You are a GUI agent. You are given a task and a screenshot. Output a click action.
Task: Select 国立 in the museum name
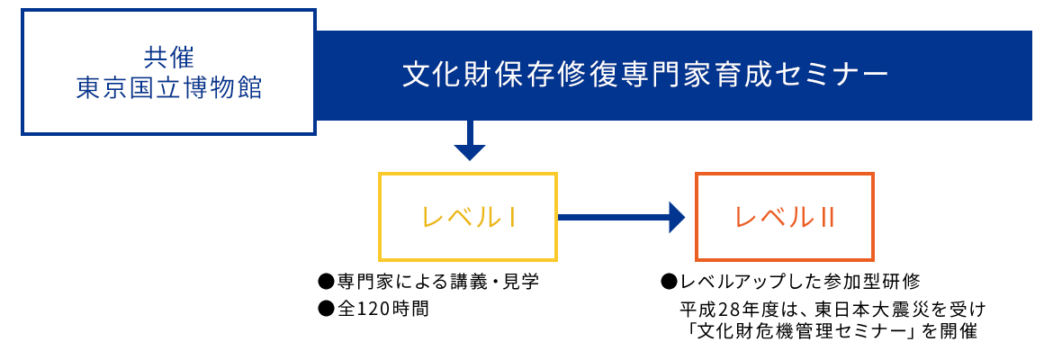[145, 88]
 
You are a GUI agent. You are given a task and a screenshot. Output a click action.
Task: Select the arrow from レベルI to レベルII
[621, 217]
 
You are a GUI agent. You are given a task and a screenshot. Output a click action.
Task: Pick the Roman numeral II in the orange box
[829, 217]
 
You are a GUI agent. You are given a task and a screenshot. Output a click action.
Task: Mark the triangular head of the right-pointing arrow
[677, 217]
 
